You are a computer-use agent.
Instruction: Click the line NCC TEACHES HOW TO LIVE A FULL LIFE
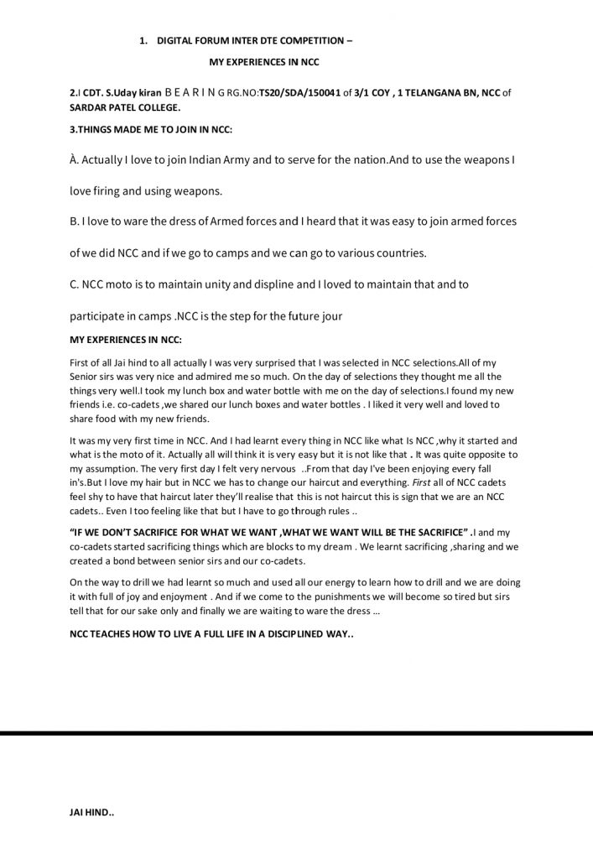211,634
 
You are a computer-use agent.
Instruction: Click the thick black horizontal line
296,733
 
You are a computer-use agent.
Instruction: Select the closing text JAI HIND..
91,813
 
